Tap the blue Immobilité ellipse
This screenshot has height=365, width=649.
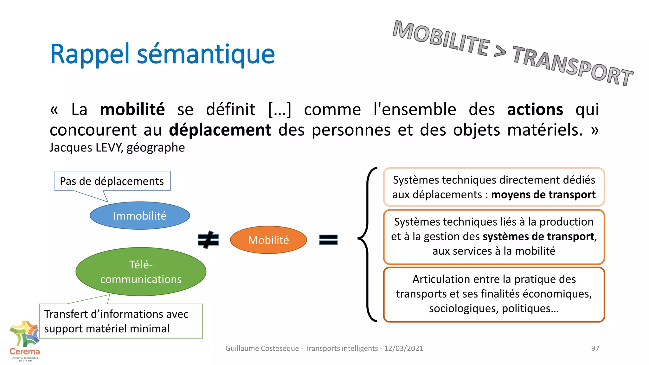(x=140, y=216)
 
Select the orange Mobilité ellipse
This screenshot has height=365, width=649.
(x=268, y=240)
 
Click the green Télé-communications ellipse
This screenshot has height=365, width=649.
(x=141, y=272)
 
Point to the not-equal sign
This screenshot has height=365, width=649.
(x=208, y=240)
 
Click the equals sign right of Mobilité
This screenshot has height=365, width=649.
(x=328, y=240)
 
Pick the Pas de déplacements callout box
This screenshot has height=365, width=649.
(x=112, y=181)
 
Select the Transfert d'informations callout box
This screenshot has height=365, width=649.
(x=120, y=321)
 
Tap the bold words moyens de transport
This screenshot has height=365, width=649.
(x=543, y=195)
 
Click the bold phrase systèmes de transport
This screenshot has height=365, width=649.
(x=538, y=237)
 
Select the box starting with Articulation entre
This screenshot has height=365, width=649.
(x=494, y=294)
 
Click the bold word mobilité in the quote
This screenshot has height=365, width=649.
(x=132, y=110)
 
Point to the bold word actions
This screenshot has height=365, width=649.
(x=535, y=110)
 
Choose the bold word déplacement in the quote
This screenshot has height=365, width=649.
(x=220, y=130)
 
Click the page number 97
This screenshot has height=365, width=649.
(x=595, y=348)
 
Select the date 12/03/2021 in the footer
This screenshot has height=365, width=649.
(x=403, y=348)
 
